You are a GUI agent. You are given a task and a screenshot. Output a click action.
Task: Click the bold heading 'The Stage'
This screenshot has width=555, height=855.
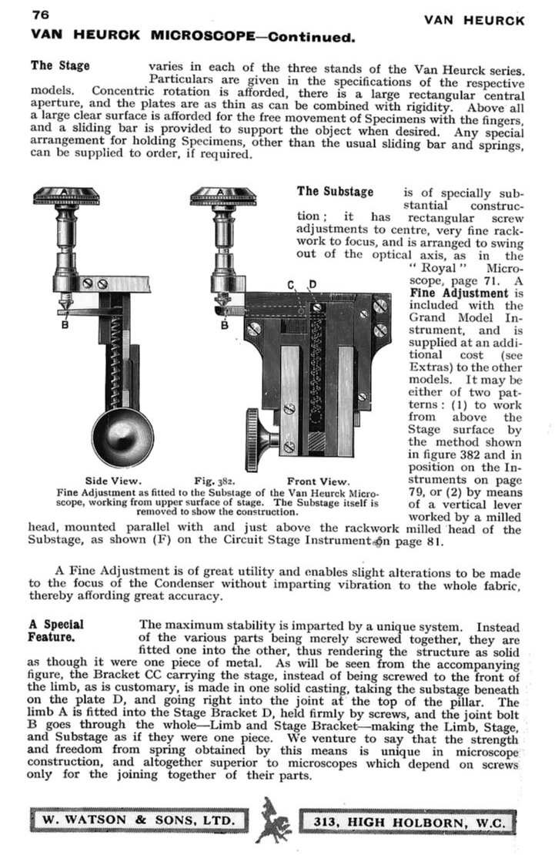pyautogui.click(x=60, y=65)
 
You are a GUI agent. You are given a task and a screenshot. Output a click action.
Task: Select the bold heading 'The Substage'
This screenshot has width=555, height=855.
pyautogui.click(x=335, y=191)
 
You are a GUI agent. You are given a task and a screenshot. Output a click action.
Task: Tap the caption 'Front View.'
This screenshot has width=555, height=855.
pyautogui.click(x=317, y=482)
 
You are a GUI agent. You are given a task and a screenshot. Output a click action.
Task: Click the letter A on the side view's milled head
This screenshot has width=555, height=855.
pyautogui.click(x=65, y=190)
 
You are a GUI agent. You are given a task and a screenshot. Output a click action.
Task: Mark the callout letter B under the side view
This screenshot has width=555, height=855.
pyautogui.click(x=65, y=324)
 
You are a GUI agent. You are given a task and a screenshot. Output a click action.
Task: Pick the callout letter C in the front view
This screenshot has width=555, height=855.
pyautogui.click(x=292, y=286)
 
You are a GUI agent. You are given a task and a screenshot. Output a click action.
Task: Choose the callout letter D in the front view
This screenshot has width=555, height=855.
pyautogui.click(x=313, y=286)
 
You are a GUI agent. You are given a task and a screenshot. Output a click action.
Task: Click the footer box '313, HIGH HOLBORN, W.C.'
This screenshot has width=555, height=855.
pyautogui.click(x=408, y=822)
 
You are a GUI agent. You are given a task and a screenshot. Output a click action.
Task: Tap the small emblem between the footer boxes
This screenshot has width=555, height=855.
pyautogui.click(x=273, y=820)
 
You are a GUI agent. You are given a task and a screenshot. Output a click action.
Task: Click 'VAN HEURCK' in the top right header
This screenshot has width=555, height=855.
pyautogui.click(x=473, y=21)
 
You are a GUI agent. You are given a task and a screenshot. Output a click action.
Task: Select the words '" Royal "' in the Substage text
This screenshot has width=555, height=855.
pyautogui.click(x=435, y=268)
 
